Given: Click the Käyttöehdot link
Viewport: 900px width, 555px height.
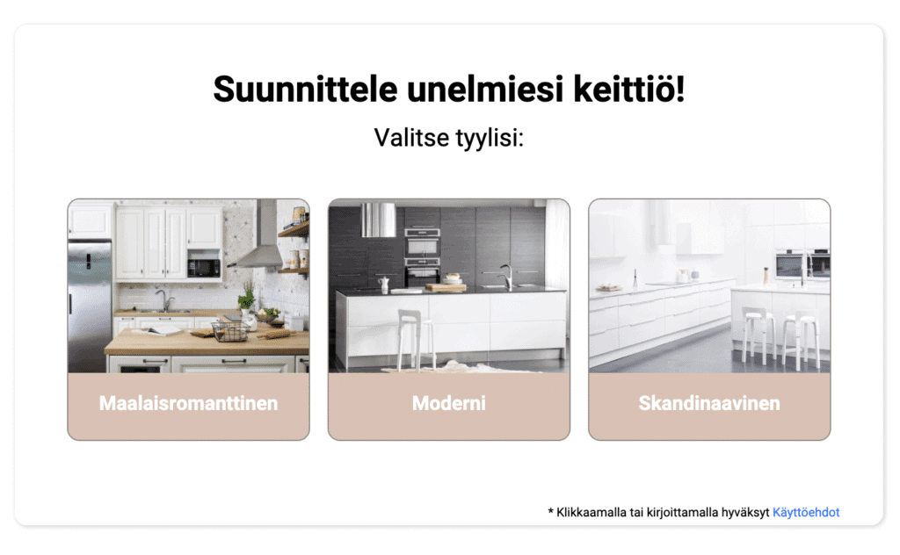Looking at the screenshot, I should tap(806, 512).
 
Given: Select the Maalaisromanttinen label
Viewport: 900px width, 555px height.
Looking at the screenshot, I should tap(188, 404).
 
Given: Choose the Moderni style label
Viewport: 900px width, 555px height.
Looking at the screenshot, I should tap(448, 404).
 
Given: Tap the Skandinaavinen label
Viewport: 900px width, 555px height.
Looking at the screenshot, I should tap(709, 404).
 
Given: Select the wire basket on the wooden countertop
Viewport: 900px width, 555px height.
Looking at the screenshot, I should tap(229, 331).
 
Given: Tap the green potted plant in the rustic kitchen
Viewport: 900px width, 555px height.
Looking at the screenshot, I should tap(247, 299).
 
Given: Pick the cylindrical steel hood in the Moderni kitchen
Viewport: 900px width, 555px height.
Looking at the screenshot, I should tap(379, 220).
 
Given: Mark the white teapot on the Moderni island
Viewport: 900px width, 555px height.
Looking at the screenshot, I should tap(384, 285).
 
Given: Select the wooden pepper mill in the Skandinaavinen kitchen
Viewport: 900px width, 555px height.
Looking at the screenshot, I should tap(766, 275).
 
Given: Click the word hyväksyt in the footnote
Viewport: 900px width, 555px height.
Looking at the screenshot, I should tap(744, 512).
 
